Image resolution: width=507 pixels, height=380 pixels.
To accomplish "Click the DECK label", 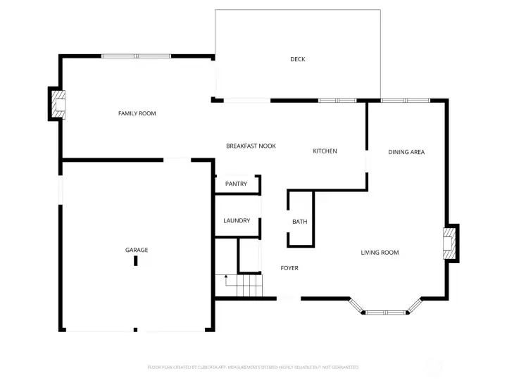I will [297, 59].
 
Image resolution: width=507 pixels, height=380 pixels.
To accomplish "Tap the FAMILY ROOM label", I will [137, 113].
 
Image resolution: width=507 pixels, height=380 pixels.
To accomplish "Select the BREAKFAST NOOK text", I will [251, 146].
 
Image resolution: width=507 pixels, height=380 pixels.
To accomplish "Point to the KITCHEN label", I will [325, 151].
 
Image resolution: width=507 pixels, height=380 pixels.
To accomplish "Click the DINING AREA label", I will [406, 152].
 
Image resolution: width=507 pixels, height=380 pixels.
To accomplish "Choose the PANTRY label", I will [236, 184].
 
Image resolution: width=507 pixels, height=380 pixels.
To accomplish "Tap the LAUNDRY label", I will [237, 220].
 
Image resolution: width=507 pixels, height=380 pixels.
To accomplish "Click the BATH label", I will [300, 222].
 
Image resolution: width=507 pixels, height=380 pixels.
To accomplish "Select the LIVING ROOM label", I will [380, 253].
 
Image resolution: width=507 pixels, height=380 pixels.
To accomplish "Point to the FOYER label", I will [289, 268].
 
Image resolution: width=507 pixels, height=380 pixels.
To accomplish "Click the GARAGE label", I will [137, 250].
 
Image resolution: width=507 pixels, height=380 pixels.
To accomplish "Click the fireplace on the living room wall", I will [449, 243].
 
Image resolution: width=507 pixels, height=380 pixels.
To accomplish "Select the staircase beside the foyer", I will [249, 286].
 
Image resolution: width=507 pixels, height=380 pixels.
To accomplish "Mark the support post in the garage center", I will [136, 261].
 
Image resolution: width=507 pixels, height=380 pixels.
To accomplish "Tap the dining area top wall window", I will [406, 101].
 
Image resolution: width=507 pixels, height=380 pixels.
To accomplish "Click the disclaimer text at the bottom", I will [253, 367].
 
